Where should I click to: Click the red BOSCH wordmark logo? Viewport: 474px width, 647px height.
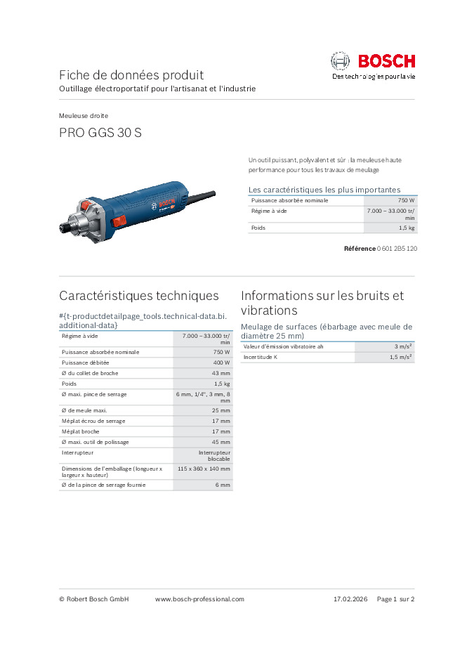386,61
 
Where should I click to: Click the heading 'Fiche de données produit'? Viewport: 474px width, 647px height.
131,74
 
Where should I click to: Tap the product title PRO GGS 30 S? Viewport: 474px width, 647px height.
100,132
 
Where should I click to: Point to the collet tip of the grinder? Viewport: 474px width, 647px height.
64,228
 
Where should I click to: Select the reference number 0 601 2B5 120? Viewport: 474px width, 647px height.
397,249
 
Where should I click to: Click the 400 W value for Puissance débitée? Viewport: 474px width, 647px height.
221,362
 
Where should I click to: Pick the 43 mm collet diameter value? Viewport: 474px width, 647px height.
220,373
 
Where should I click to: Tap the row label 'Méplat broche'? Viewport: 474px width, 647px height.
80,431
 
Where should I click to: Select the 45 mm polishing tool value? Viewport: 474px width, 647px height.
220,442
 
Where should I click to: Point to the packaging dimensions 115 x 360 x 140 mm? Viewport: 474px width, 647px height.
204,469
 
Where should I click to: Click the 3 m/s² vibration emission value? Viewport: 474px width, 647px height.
403,347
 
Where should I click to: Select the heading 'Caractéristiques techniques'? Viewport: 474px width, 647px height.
138,296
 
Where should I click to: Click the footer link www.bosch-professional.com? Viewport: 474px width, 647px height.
199,599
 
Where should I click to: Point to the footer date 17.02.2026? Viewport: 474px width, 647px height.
350,599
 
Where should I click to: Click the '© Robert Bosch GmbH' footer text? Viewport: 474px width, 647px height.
94,599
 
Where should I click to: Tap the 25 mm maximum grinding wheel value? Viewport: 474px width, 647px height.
220,410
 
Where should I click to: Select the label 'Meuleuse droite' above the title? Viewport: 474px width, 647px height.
84,115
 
